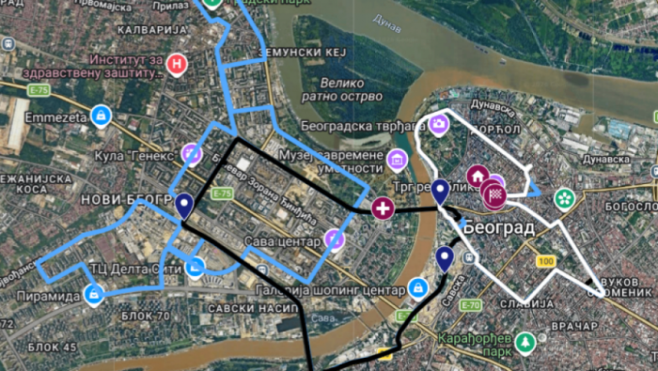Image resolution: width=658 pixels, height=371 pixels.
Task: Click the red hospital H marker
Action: click(x=176, y=64)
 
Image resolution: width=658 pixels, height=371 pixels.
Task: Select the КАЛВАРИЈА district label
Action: click(x=146, y=30)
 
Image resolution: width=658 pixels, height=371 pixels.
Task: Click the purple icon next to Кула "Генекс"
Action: click(x=191, y=153)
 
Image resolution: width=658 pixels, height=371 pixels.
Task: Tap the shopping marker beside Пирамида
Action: click(x=94, y=295)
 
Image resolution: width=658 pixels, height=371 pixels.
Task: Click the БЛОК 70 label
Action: click(x=145, y=317)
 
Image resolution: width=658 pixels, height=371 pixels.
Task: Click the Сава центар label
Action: click(x=281, y=242)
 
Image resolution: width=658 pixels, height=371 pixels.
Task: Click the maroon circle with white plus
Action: click(x=383, y=209)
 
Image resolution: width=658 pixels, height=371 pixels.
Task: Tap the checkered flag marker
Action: click(x=494, y=195)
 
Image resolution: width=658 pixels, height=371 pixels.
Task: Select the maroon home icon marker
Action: click(x=478, y=176)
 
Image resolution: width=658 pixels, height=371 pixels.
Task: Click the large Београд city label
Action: click(x=498, y=227)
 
